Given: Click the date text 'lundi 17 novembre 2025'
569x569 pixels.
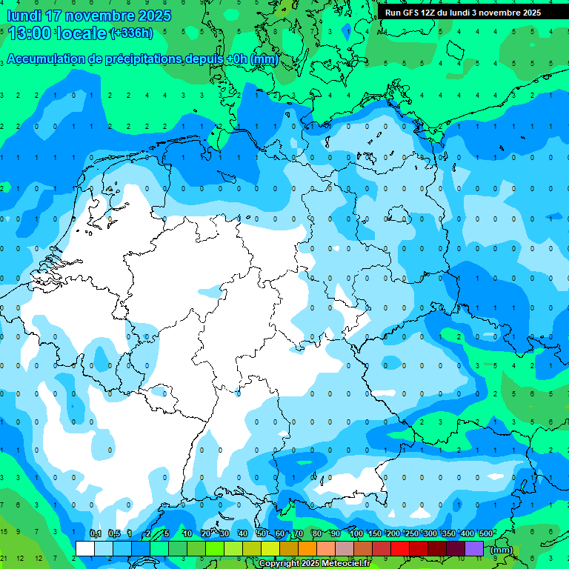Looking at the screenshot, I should tap(89, 16).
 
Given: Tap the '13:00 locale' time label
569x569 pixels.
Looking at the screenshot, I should tap(58, 33).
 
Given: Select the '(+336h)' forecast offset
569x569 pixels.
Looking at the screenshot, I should tap(131, 33).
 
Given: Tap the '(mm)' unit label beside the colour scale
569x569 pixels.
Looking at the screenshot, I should tap(502, 549).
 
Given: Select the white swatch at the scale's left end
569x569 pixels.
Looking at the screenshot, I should tap(85, 548).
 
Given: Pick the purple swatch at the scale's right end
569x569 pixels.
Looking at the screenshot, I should tap(474, 548).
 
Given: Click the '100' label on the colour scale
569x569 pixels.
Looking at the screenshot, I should tap(356, 533).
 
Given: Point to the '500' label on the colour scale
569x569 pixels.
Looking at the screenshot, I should tap(487, 533).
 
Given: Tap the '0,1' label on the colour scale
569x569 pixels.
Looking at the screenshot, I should tap(96, 533).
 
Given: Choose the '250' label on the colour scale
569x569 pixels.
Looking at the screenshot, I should tap(411, 533).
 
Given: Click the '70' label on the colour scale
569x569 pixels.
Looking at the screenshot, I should tap(298, 533).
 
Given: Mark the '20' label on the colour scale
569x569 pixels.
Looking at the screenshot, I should tap(205, 533).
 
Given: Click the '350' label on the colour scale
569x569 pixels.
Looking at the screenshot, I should tap(448, 533).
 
